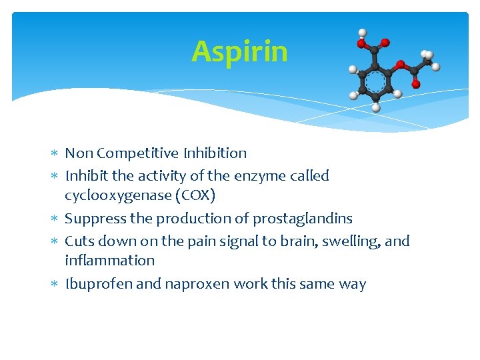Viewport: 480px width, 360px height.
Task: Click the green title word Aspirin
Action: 239,52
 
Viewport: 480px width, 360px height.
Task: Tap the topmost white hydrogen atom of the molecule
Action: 362,32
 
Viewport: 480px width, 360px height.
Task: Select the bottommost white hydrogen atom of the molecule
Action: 375,107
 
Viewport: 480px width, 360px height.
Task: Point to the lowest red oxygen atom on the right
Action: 416,84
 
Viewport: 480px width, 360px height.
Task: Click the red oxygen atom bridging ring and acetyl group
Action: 400,65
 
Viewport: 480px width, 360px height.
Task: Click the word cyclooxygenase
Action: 117,195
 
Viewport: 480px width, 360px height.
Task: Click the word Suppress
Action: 94,219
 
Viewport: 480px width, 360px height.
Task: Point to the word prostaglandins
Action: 303,219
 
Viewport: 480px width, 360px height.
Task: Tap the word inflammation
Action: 109,261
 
